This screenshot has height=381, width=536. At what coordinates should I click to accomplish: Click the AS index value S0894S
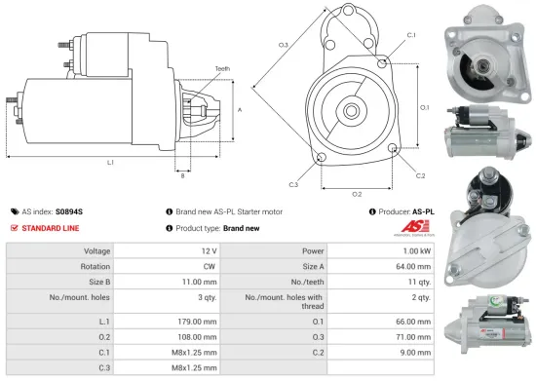69,210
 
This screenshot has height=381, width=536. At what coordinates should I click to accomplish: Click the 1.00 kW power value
415,250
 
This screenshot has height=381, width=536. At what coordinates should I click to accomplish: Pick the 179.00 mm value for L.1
197,321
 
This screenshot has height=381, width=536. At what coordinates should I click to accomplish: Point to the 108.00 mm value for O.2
197,337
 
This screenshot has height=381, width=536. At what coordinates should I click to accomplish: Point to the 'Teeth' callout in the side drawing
222,69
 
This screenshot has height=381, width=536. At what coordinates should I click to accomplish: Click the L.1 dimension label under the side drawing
110,162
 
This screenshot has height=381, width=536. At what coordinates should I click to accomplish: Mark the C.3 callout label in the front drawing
293,183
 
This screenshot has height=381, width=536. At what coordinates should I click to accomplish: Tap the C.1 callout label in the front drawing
411,35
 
